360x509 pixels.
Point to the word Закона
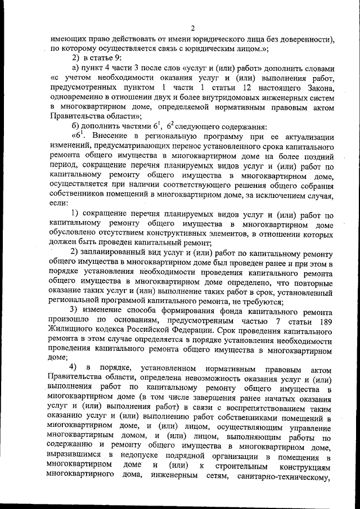(320, 87)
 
